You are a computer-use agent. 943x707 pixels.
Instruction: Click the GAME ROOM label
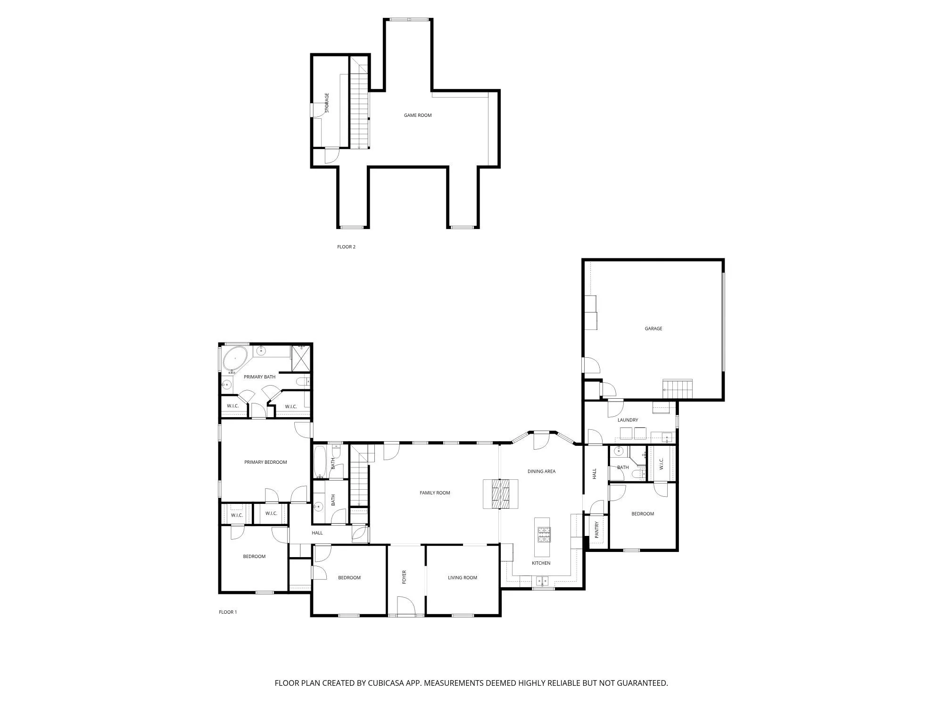point(417,115)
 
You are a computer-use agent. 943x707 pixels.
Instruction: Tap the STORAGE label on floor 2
point(327,103)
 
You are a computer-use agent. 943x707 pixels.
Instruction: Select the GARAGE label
point(653,329)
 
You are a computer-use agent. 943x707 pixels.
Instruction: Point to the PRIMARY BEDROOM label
point(265,462)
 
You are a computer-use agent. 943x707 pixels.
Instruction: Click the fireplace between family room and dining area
point(500,493)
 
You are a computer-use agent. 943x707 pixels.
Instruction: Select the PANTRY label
point(597,530)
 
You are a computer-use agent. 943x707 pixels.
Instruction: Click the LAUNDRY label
point(628,420)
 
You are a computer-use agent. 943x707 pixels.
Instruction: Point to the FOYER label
point(404,577)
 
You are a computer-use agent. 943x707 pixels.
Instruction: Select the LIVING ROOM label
point(462,578)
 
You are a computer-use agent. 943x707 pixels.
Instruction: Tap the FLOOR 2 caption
point(346,247)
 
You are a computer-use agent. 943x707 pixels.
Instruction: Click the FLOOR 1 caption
point(228,612)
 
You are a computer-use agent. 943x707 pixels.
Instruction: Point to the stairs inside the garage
point(678,389)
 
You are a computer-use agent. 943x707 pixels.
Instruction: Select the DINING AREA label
point(541,471)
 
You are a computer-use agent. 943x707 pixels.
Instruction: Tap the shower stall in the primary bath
point(301,359)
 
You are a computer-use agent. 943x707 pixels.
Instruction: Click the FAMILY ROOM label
point(435,493)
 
